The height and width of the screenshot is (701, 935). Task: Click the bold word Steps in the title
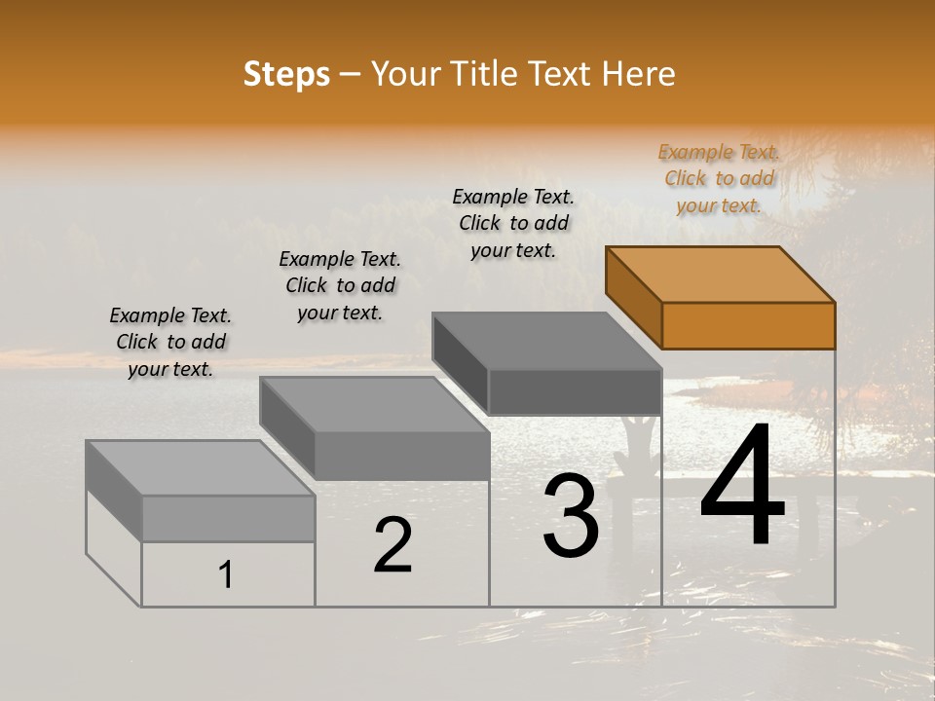pyautogui.click(x=286, y=74)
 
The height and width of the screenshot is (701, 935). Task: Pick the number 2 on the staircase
pyautogui.click(x=393, y=545)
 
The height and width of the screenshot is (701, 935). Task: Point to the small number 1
pyautogui.click(x=226, y=574)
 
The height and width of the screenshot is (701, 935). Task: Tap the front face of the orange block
pyautogui.click(x=748, y=325)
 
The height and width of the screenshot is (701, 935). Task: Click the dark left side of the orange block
pyautogui.click(x=633, y=297)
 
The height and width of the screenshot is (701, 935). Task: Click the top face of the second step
pyautogui.click(x=374, y=404)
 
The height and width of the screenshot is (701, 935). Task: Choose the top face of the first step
pyautogui.click(x=201, y=467)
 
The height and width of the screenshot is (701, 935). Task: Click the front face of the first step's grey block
pyautogui.click(x=228, y=518)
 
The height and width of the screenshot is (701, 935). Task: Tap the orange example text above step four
pyautogui.click(x=719, y=178)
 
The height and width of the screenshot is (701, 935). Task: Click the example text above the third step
pyautogui.click(x=513, y=223)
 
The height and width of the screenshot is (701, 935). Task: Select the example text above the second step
pyautogui.click(x=340, y=285)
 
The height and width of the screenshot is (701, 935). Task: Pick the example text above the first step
pyautogui.click(x=170, y=342)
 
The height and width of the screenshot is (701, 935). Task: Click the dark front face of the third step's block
pyautogui.click(x=575, y=391)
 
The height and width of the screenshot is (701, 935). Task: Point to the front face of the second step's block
pyautogui.click(x=401, y=455)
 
